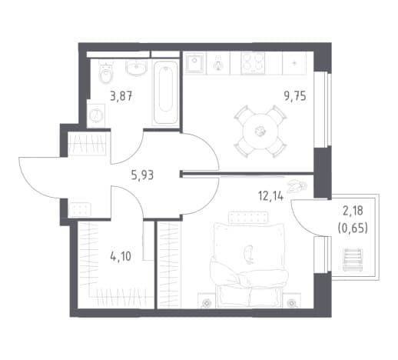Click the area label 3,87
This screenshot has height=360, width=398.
pos(121,97)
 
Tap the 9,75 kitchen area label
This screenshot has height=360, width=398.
pos(295,97)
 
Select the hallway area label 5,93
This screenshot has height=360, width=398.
pos(142,175)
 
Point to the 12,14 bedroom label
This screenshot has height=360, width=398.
pos(270,197)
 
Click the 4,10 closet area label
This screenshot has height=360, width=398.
pos(121,256)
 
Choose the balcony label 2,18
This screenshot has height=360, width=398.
pos(353,211)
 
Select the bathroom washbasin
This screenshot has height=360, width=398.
pos(137,68)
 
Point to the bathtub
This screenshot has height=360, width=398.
pos(165,92)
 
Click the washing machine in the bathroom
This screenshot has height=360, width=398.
pos(96,115)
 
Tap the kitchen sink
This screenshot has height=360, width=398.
pos(195,63)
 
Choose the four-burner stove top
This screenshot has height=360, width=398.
pos(253,63)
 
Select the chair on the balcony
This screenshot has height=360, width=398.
pos(353,260)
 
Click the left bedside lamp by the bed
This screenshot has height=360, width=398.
pos(207,303)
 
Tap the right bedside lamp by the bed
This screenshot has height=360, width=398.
pos(291,303)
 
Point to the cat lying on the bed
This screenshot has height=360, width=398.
pos(248,254)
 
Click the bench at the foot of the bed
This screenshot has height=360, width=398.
pos(248,215)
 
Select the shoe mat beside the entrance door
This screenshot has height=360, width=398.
pos(80,209)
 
